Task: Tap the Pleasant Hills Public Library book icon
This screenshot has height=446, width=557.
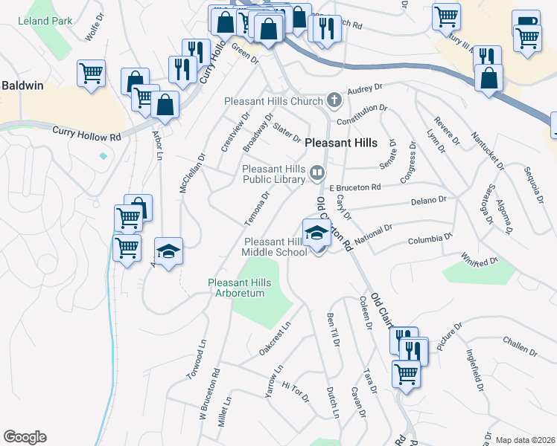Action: tap(317, 174)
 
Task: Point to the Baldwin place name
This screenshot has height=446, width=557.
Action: tap(22, 85)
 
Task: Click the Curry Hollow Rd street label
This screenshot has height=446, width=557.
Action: tap(86, 134)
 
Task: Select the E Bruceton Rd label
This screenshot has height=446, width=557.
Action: tap(355, 187)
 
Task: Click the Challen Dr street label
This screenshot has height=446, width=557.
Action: tap(519, 346)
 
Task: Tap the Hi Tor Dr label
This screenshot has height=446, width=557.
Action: tap(296, 392)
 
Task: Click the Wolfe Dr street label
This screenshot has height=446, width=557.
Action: tap(93, 31)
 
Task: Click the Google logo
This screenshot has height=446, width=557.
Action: tap(25, 437)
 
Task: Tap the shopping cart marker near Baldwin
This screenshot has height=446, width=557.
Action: tap(91, 74)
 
